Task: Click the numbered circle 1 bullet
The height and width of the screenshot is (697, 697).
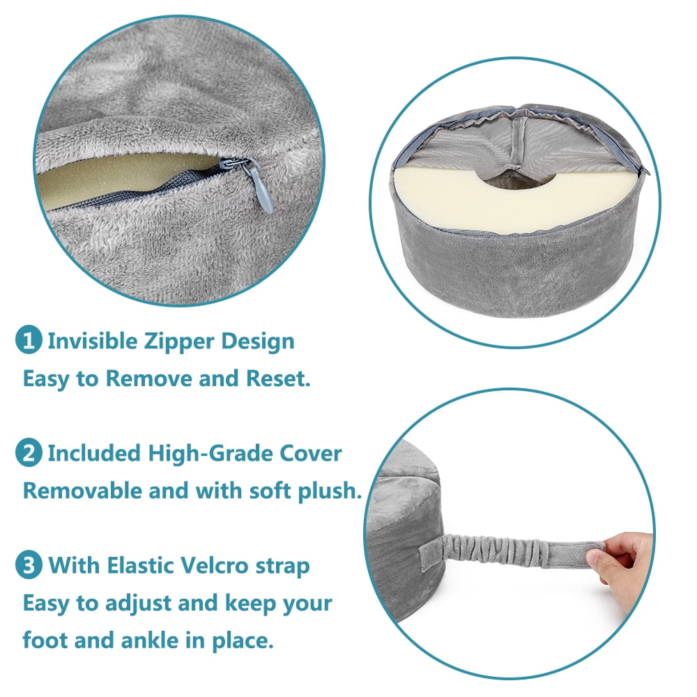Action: pyautogui.click(x=29, y=340)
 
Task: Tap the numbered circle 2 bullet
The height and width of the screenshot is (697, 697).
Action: pyautogui.click(x=29, y=452)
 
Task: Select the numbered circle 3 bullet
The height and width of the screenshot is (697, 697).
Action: pyautogui.click(x=29, y=565)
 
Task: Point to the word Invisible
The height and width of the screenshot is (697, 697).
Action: pyautogui.click(x=93, y=341)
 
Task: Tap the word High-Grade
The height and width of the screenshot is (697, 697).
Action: pyautogui.click(x=210, y=454)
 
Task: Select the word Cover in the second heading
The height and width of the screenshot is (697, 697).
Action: pyautogui.click(x=310, y=454)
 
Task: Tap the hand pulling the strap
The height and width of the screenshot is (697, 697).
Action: pyautogui.click(x=620, y=569)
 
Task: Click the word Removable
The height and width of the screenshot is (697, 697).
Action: pyautogui.click(x=82, y=491)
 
